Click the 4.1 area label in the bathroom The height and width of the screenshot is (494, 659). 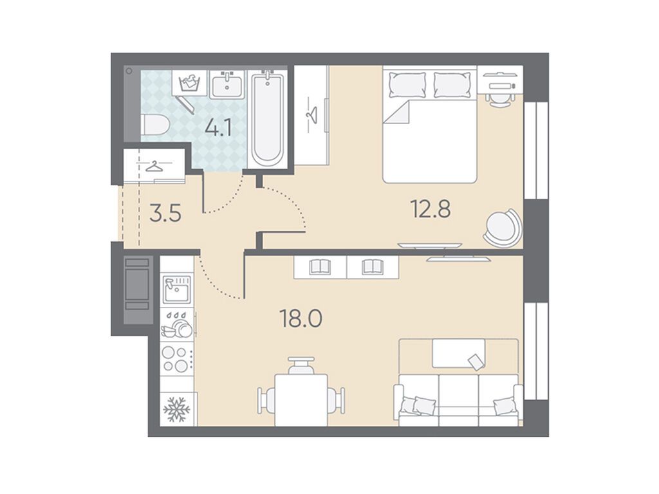coord(218,128)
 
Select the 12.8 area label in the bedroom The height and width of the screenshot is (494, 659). coord(431,209)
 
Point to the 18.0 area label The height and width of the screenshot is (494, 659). coord(301,318)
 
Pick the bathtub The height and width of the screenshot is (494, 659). coord(267,118)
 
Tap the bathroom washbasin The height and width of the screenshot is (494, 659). coord(227,84)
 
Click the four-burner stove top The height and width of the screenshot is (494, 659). coord(175,359)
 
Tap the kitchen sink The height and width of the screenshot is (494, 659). coord(177,289)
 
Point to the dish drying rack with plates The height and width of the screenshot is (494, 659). coord(177,324)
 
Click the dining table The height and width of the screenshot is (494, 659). coord(301,399)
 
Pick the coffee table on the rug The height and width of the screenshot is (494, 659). coord(458,354)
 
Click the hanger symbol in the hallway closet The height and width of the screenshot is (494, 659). coord(154,167)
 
